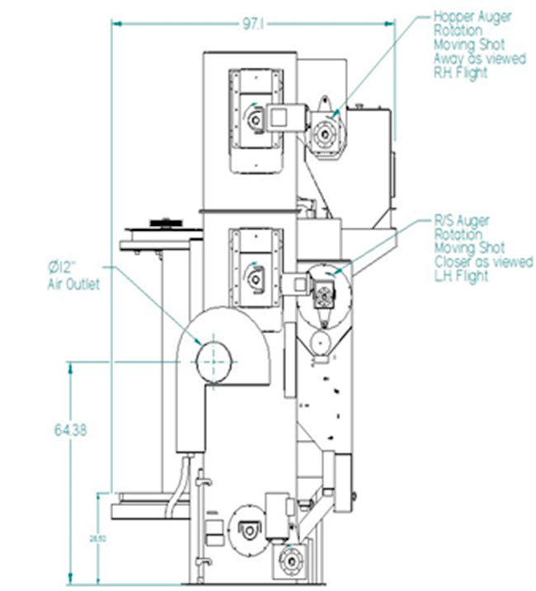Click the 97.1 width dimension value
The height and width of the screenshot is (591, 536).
(252, 24)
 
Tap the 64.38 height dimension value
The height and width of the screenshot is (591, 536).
(71, 429)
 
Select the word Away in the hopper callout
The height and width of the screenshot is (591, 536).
(450, 59)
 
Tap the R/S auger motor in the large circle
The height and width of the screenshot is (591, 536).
(322, 292)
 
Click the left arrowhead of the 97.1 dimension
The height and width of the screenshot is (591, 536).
(116, 23)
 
